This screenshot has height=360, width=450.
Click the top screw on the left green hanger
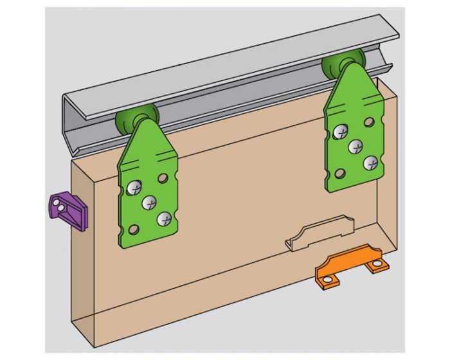[x=134, y=188]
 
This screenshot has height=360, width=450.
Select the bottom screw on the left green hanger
[x=165, y=218]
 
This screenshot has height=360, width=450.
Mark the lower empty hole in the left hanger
[x=134, y=228]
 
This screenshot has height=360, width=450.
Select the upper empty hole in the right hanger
[x=368, y=122]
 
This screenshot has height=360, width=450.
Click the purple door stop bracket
[x=69, y=211]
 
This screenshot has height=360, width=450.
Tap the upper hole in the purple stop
[x=64, y=202]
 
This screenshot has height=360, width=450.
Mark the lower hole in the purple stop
[x=58, y=208]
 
